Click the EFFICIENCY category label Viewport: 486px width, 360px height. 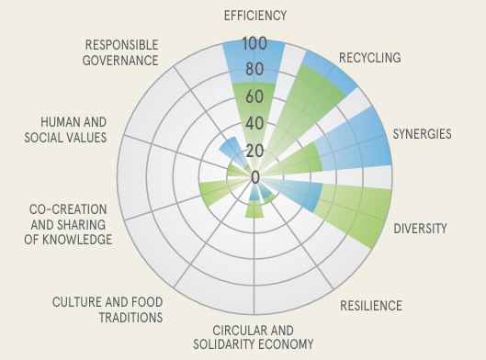tap(255, 15)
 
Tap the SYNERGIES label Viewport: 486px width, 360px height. tap(422, 134)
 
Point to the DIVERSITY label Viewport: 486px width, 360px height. tap(420, 227)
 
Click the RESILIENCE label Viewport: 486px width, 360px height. tap(370, 305)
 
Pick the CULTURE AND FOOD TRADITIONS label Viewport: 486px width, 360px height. tap(107, 309)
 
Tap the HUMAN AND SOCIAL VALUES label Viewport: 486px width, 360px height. tap(73, 129)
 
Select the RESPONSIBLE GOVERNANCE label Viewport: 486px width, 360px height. tap(121, 52)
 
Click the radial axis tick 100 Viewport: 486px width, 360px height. tap(255, 43)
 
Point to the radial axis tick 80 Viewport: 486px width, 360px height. tap(255, 70)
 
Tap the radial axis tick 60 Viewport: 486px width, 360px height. tap(255, 96)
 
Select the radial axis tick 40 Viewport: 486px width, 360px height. tap(255, 123)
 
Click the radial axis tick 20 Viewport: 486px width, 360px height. tap(255, 150)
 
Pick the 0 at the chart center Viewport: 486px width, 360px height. tap(255, 176)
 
